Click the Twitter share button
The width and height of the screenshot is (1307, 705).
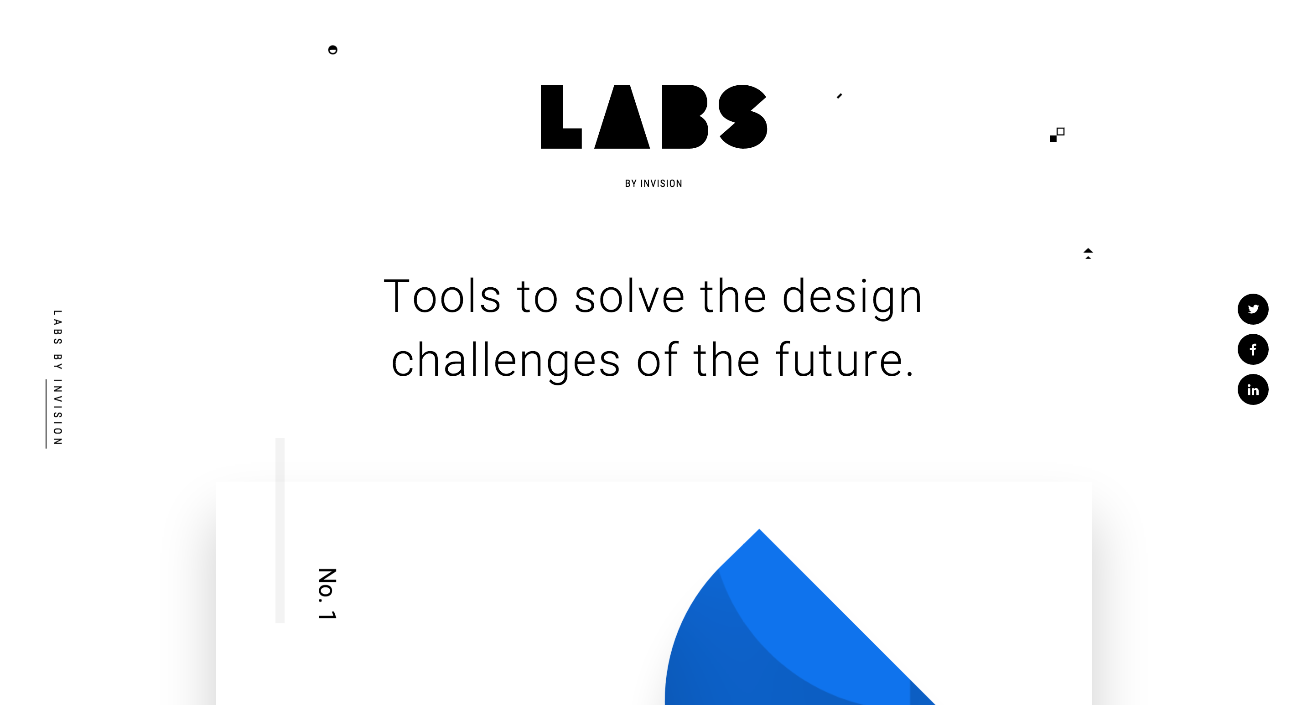[1252, 309]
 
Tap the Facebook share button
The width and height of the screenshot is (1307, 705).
[1252, 349]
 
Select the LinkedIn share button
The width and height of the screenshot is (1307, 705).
[1252, 389]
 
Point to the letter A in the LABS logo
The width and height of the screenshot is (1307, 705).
[622, 122]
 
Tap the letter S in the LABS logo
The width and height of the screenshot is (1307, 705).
[743, 117]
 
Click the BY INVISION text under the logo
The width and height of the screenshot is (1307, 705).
[653, 184]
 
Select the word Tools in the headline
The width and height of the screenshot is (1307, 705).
[442, 296]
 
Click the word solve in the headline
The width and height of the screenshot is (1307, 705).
[629, 296]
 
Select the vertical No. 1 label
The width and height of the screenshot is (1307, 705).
[327, 593]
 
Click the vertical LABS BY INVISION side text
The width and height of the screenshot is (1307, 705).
[57, 378]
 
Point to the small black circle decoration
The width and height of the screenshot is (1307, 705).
[333, 50]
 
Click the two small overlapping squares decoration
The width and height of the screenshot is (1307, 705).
[1057, 135]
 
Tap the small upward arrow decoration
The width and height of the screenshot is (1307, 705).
[1088, 253]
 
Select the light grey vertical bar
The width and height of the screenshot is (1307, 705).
[280, 530]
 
